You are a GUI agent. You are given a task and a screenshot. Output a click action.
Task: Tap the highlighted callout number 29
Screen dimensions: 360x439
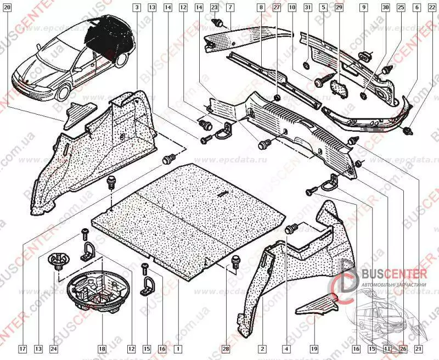(x=339, y=8)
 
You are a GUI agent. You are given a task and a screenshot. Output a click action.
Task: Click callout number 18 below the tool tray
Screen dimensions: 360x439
(x=102, y=348)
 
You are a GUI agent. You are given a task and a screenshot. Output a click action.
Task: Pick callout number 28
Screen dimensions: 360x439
(x=226, y=348)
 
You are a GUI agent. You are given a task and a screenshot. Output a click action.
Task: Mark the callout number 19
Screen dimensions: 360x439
(x=314, y=348)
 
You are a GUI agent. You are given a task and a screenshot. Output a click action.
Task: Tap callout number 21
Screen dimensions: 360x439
(x=418, y=348)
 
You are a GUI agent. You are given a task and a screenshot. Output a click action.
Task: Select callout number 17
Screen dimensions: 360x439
(x=22, y=348)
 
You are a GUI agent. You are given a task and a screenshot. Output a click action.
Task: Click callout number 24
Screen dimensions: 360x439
(x=54, y=348)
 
